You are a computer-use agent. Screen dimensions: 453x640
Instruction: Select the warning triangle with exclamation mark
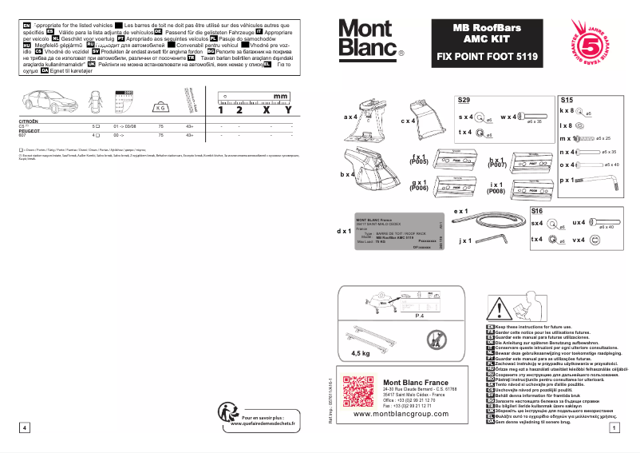[x=500, y=304]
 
